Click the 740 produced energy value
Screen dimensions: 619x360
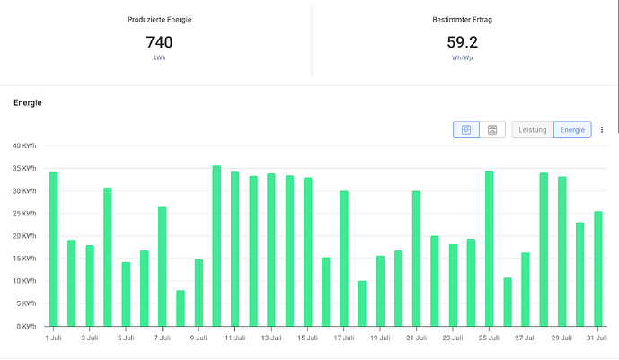159,42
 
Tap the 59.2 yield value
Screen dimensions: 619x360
463,42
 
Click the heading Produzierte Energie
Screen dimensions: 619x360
159,20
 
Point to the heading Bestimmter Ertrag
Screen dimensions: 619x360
463,20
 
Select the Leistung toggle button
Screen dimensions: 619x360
533,130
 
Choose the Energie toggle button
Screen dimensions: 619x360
572,130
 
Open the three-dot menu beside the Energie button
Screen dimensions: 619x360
602,130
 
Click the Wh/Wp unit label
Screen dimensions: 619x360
463,57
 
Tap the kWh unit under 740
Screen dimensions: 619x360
159,57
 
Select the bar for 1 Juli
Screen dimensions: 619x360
53,250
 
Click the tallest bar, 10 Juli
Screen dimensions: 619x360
217,246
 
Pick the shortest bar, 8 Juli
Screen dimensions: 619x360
181,308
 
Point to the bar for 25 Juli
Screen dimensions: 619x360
489,249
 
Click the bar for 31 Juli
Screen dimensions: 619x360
598,269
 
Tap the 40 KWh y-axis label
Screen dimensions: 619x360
24,146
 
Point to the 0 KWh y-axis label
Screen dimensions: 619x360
26,326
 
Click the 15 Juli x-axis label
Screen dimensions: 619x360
307,338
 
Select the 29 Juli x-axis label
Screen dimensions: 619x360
562,338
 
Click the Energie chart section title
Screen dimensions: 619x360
28,102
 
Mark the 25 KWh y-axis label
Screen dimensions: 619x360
24,214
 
